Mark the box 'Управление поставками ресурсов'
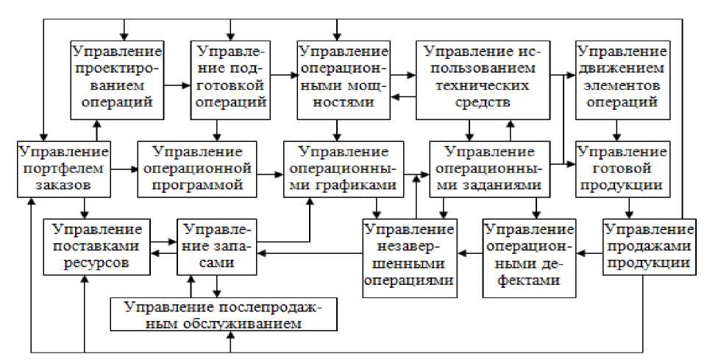coord(97,245)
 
